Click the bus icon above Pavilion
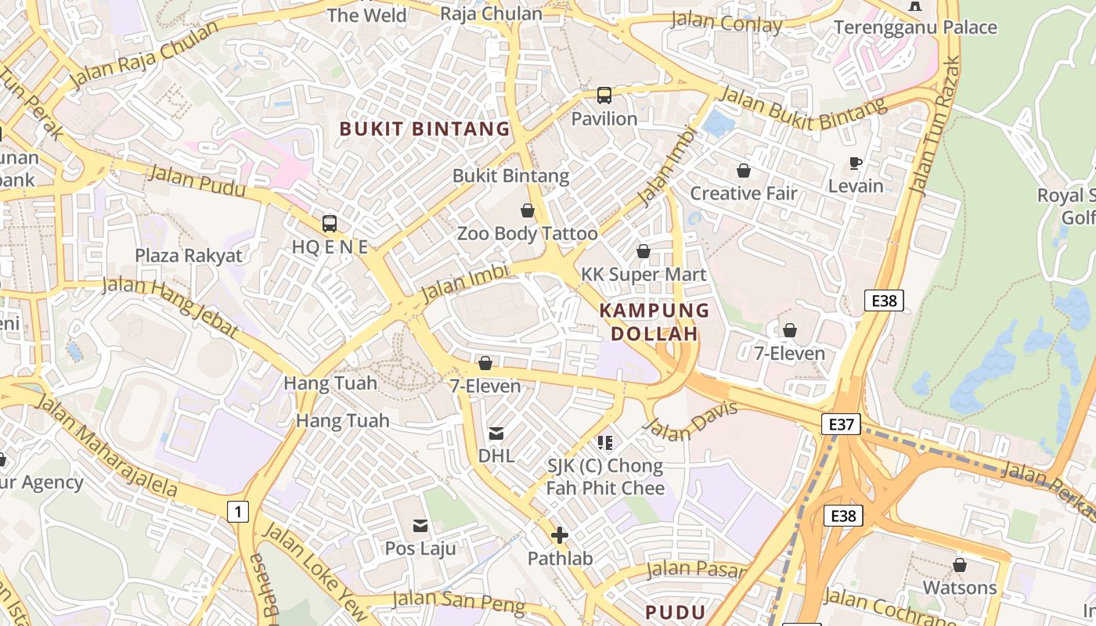(604, 95)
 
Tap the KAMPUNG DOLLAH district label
(654, 322)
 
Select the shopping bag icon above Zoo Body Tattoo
(528, 210)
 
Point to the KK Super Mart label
(644, 275)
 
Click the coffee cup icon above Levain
(856, 163)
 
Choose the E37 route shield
(841, 424)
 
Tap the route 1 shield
(238, 512)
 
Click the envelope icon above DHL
(496, 433)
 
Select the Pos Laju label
(420, 549)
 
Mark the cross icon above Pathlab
(560, 536)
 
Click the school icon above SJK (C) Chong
(604, 443)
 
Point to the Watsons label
(960, 588)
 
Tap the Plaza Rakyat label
(189, 255)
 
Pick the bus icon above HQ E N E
(330, 224)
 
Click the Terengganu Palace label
(915, 27)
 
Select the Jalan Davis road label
(690, 421)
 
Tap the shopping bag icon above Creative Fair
(743, 170)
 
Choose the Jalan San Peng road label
(458, 603)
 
